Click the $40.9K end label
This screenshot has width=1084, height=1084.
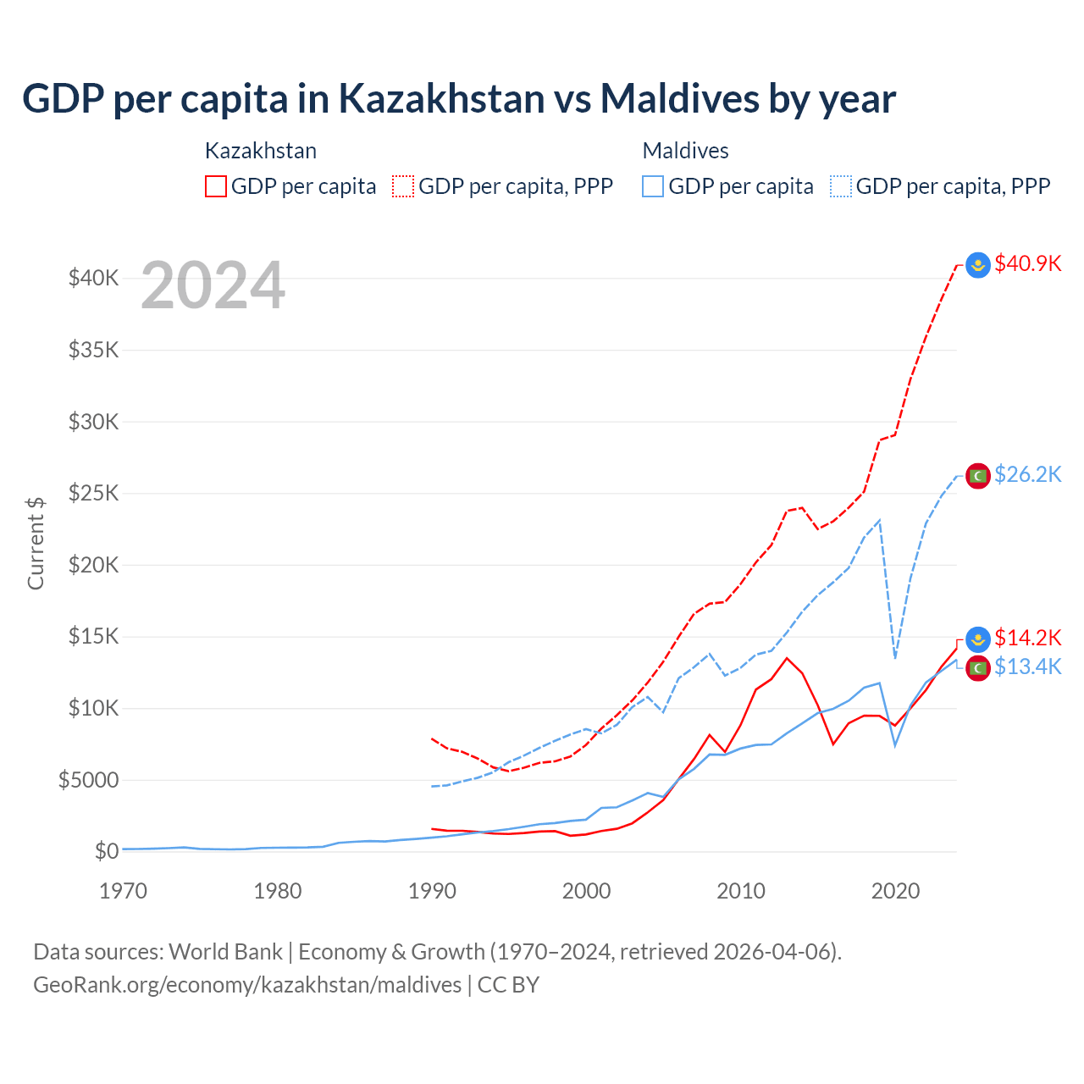pos(1027,263)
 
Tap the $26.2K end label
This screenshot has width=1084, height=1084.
pos(1027,474)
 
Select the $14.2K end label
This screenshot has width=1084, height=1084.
pos(1027,638)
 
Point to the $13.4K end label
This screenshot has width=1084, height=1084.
pos(1027,667)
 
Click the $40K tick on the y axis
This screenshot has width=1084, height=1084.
pos(93,278)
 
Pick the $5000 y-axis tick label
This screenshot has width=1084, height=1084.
pos(88,780)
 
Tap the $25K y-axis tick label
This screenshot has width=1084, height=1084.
pos(93,493)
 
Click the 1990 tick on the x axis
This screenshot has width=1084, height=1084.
pos(432,891)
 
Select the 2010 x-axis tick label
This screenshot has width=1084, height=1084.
pos(741,891)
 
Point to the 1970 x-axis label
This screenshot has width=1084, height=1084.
pos(123,891)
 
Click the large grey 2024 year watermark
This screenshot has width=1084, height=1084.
pos(213,286)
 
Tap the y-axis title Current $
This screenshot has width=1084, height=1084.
pos(36,543)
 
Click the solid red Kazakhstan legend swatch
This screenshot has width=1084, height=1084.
pos(216,186)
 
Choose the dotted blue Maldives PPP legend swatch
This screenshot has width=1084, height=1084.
pos(841,186)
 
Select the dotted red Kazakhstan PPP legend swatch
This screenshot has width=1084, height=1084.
pos(403,186)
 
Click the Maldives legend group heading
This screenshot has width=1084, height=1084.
pos(685,151)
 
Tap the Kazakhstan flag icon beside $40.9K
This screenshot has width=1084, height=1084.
pos(978,265)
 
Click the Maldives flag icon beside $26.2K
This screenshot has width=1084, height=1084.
pos(978,476)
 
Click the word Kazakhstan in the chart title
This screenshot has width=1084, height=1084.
pos(441,98)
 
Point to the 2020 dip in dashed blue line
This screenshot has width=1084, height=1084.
pos(895,657)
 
